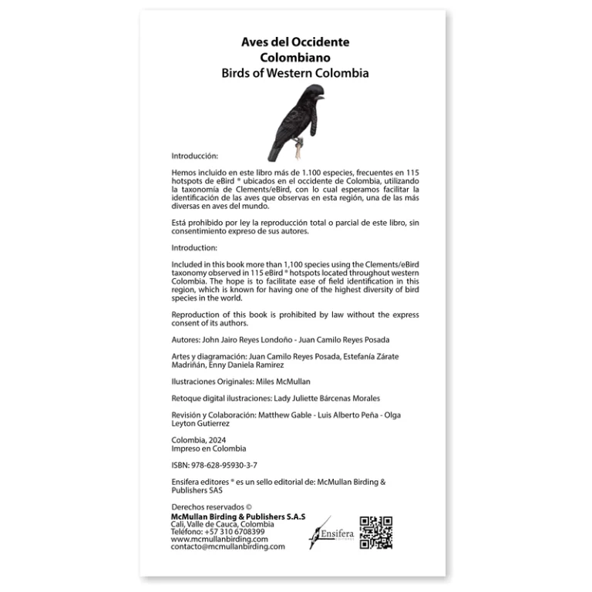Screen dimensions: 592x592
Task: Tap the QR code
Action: click(x=376, y=532)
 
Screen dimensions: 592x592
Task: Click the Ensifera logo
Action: click(x=330, y=532)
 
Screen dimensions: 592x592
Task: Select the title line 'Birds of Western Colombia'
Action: click(x=295, y=73)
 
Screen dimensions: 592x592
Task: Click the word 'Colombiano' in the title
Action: click(x=295, y=57)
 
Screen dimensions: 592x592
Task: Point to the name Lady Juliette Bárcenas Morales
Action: click(x=338, y=398)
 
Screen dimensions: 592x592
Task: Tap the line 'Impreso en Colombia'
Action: click(x=208, y=449)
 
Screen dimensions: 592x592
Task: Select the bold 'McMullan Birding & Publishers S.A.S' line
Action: click(x=237, y=516)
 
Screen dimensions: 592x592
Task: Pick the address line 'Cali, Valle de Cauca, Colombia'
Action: click(x=222, y=523)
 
